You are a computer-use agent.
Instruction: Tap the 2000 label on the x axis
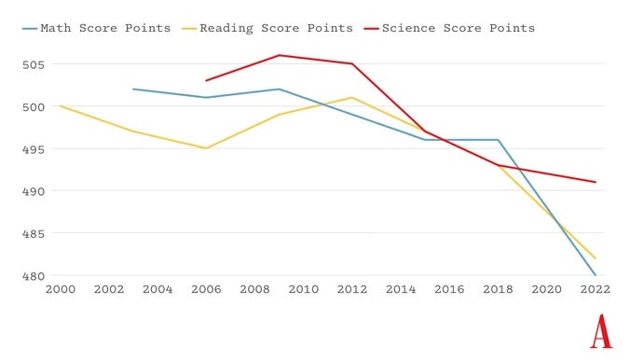(x=61, y=289)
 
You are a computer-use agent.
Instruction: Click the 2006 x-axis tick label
(x=206, y=289)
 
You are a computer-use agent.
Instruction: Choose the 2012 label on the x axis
(x=352, y=289)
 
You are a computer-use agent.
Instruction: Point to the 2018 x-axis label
(x=498, y=289)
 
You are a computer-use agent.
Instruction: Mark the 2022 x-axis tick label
(x=595, y=289)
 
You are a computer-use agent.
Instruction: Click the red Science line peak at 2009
(x=279, y=55)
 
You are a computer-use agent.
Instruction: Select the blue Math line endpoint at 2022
(x=595, y=275)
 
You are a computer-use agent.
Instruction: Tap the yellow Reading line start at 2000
(x=61, y=106)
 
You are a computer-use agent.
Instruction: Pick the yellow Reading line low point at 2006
(x=206, y=148)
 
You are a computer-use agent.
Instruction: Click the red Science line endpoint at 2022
(x=595, y=182)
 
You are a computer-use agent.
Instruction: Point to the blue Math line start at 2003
(x=133, y=90)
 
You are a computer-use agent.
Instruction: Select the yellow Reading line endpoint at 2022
(x=595, y=258)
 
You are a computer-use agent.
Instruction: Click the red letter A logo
(x=600, y=331)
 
